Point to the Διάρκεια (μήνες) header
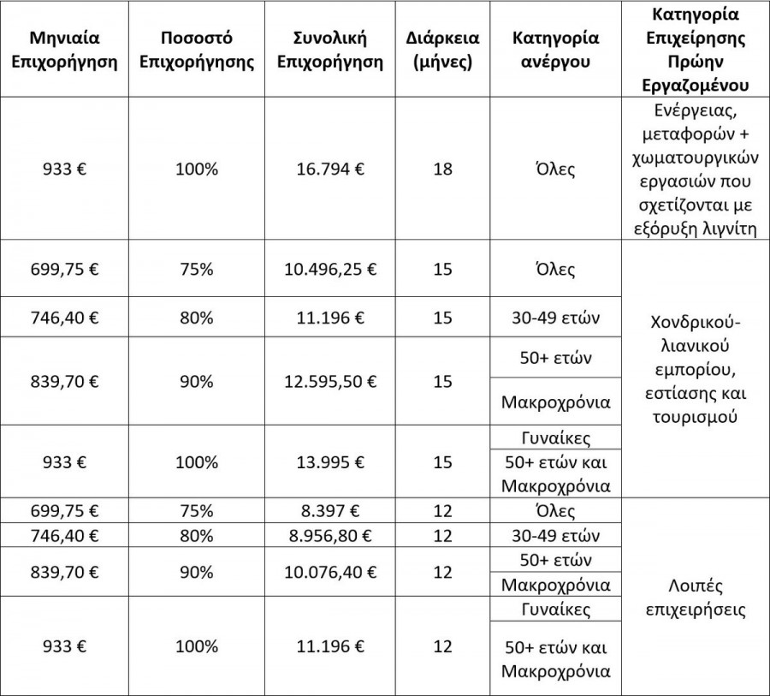click(x=442, y=51)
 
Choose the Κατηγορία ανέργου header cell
click(x=556, y=51)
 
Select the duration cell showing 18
click(x=442, y=169)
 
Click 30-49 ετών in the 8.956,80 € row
click(x=556, y=536)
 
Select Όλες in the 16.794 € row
click(x=556, y=169)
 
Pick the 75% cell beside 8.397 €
click(x=197, y=512)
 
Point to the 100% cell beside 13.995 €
click(x=197, y=462)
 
